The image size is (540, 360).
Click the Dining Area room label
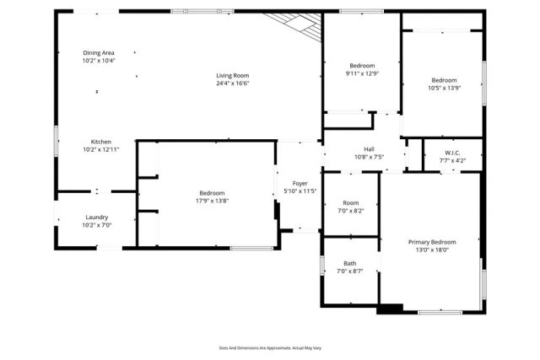(100, 52)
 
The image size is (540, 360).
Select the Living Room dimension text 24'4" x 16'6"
(232, 83)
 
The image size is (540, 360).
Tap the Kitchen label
(100, 142)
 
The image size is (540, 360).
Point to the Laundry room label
(96, 217)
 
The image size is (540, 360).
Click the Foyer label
(300, 183)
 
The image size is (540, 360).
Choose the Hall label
(369, 148)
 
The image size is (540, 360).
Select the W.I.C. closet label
(452, 152)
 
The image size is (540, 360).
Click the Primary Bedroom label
(431, 242)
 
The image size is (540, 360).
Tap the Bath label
(349, 263)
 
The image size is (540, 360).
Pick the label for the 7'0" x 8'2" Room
(350, 202)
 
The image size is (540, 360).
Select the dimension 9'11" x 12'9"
(362, 73)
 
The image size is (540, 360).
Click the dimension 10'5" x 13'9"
(443, 89)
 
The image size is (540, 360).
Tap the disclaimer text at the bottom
(270, 347)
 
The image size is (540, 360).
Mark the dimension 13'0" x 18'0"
(431, 250)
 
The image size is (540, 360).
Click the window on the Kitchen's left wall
(57, 141)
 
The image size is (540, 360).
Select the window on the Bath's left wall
(322, 265)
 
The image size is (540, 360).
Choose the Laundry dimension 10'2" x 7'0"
(96, 225)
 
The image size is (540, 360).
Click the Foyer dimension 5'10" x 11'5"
(300, 191)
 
